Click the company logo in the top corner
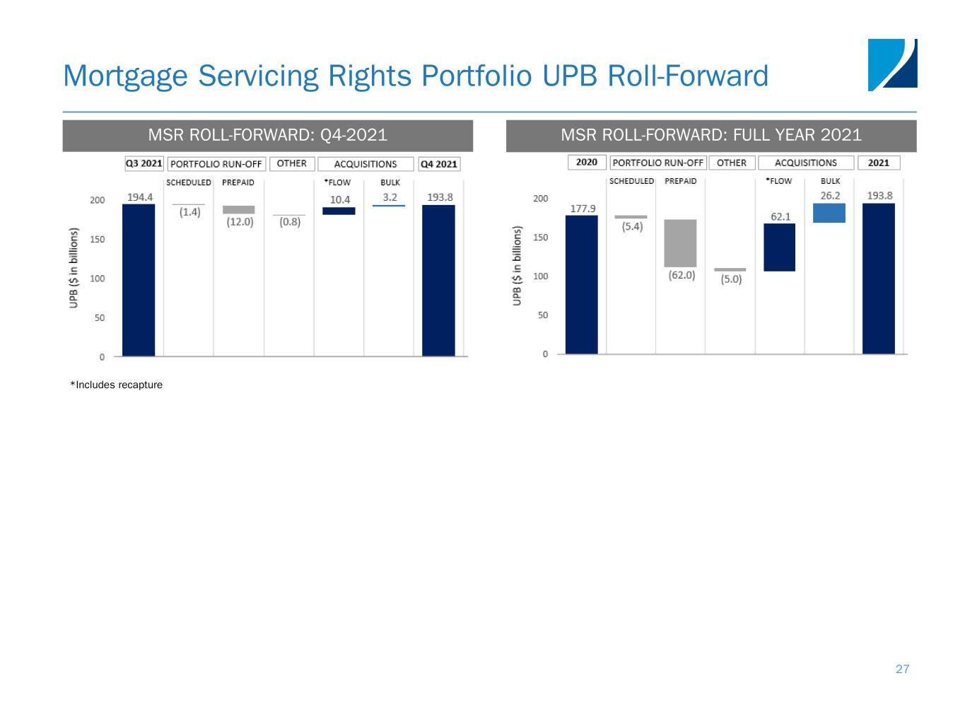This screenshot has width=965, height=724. pyautogui.click(x=892, y=65)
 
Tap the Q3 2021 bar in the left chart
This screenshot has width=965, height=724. pyautogui.click(x=139, y=280)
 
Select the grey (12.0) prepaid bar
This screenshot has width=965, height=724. pyautogui.click(x=239, y=209)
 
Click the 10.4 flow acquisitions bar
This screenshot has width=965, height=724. pyautogui.click(x=339, y=211)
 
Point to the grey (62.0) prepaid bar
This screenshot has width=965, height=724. pyautogui.click(x=680, y=243)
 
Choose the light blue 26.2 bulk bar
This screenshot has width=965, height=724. pyautogui.click(x=829, y=213)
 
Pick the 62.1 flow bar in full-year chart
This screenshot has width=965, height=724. pyautogui.click(x=779, y=247)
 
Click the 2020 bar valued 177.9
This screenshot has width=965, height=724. pyautogui.click(x=581, y=284)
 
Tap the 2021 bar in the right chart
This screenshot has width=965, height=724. pyautogui.click(x=879, y=279)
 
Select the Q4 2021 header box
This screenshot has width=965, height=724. pyautogui.click(x=439, y=164)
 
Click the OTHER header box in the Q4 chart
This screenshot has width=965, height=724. pyautogui.click(x=291, y=164)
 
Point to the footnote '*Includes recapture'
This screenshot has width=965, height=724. pyautogui.click(x=116, y=385)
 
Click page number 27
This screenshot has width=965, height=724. pyautogui.click(x=902, y=669)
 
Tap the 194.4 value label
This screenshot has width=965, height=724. pyautogui.click(x=140, y=197)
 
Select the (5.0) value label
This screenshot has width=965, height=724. pyautogui.click(x=731, y=279)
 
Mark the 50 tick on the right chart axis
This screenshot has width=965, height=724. pyautogui.click(x=543, y=315)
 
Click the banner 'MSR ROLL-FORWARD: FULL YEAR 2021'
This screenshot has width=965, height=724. pyautogui.click(x=711, y=135)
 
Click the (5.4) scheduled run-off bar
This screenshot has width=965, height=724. pyautogui.click(x=631, y=217)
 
